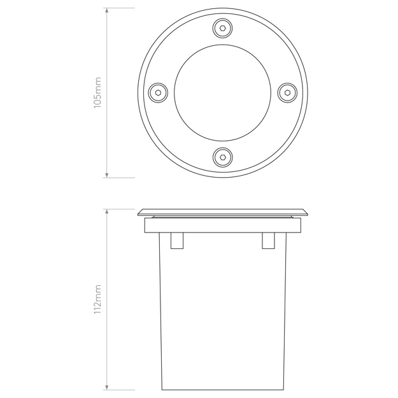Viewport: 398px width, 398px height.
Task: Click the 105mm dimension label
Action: click(97, 92)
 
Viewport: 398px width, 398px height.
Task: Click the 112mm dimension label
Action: click(97, 299)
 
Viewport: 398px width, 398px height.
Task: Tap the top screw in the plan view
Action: click(223, 28)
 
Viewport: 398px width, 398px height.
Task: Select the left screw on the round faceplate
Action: click(158, 92)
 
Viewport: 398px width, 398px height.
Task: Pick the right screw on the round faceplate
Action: click(287, 92)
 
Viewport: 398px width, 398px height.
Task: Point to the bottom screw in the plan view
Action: click(223, 157)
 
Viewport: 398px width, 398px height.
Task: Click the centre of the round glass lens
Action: click(223, 92)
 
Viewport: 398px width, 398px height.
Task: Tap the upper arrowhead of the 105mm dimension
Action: click(107, 11)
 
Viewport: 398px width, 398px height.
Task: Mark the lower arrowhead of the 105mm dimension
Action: click(107, 174)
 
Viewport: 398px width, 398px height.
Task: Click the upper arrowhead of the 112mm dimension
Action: click(107, 212)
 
